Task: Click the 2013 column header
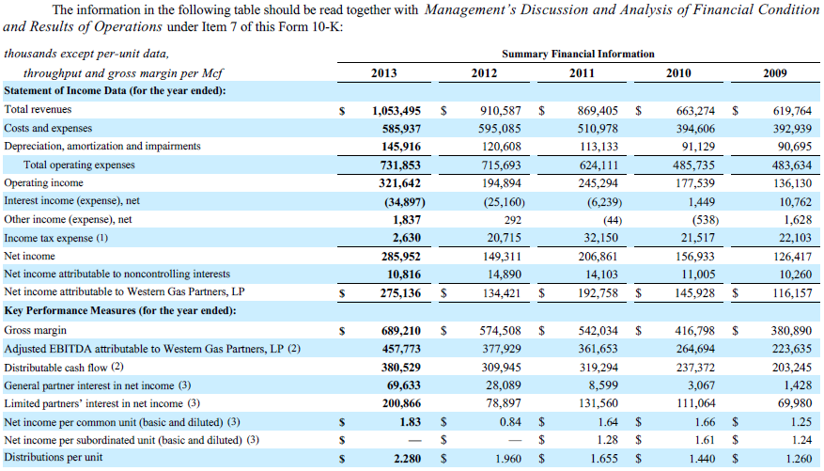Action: pyautogui.click(x=383, y=73)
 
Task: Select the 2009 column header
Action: pyautogui.click(x=775, y=73)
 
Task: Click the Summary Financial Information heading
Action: pyautogui.click(x=578, y=55)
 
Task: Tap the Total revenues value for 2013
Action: pyautogui.click(x=396, y=110)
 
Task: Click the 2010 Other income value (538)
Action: pyautogui.click(x=697, y=219)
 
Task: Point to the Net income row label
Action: pyautogui.click(x=30, y=256)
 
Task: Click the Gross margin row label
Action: pyautogui.click(x=35, y=330)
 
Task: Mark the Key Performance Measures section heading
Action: pyautogui.click(x=119, y=311)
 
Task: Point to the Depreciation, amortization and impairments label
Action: pyautogui.click(x=102, y=146)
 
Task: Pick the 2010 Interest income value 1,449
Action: pyautogui.click(x=700, y=201)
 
